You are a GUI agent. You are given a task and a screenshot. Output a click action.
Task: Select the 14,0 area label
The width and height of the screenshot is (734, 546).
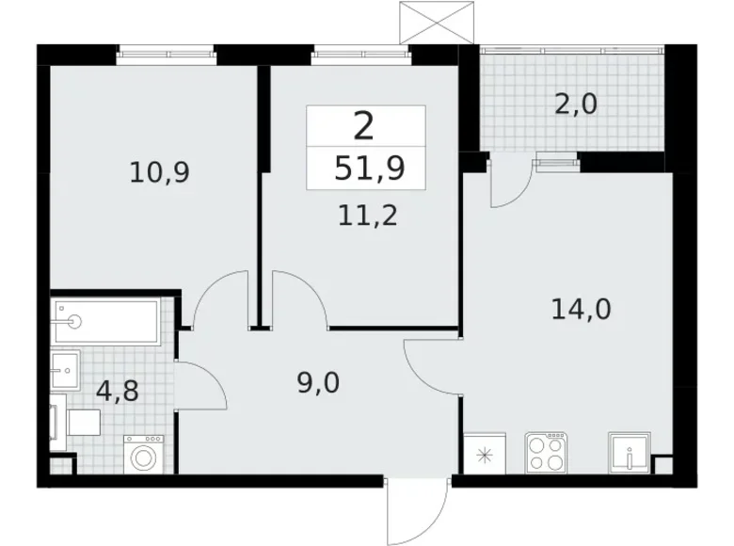579,308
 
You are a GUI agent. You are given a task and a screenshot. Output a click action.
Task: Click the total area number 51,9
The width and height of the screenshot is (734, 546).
367,169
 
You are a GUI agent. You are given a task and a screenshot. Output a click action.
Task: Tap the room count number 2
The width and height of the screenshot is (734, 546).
366,126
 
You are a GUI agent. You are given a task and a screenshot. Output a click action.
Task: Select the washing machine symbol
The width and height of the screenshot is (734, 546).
144,457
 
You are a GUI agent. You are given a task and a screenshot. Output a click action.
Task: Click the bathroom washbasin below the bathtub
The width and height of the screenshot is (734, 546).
66,369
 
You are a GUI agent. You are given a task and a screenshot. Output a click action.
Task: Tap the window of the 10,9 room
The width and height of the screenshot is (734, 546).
166,53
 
